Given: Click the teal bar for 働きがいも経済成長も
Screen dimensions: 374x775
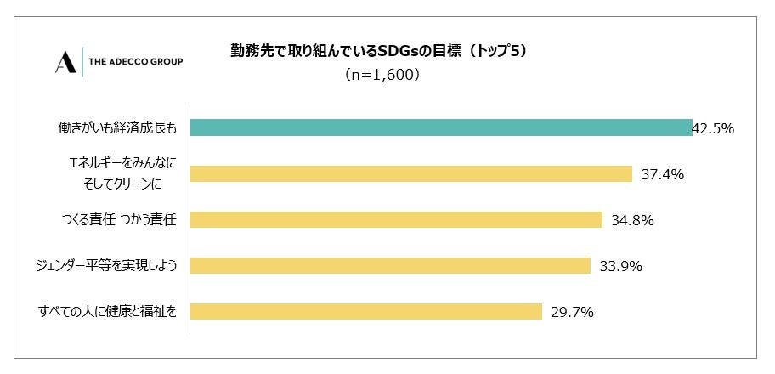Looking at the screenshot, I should (440, 127).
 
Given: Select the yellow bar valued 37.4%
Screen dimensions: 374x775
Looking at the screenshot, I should (410, 173).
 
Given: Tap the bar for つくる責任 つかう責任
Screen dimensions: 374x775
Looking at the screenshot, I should (395, 219).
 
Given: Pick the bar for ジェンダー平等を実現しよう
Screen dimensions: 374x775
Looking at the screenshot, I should (389, 265).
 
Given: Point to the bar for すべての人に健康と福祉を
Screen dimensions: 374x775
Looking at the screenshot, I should (365, 311).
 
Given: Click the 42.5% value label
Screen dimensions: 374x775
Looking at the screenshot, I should (713, 129).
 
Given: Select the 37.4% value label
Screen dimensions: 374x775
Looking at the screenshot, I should (663, 174).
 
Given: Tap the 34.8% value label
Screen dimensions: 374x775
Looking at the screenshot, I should (632, 220).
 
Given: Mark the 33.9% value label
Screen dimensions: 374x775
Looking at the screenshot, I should (620, 266).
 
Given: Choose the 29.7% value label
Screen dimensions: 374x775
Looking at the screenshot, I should (572, 312).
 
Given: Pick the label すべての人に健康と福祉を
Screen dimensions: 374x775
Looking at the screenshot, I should (109, 312).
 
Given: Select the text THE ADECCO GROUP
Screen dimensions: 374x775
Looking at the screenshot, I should (135, 62).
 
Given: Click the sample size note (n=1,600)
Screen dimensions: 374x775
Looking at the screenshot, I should (382, 75).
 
